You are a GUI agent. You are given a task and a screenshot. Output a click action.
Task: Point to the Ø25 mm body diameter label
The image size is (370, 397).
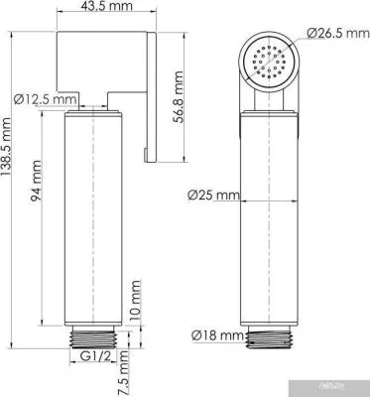(214, 197)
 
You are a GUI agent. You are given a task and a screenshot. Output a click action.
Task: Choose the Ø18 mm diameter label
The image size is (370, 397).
(214, 334)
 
